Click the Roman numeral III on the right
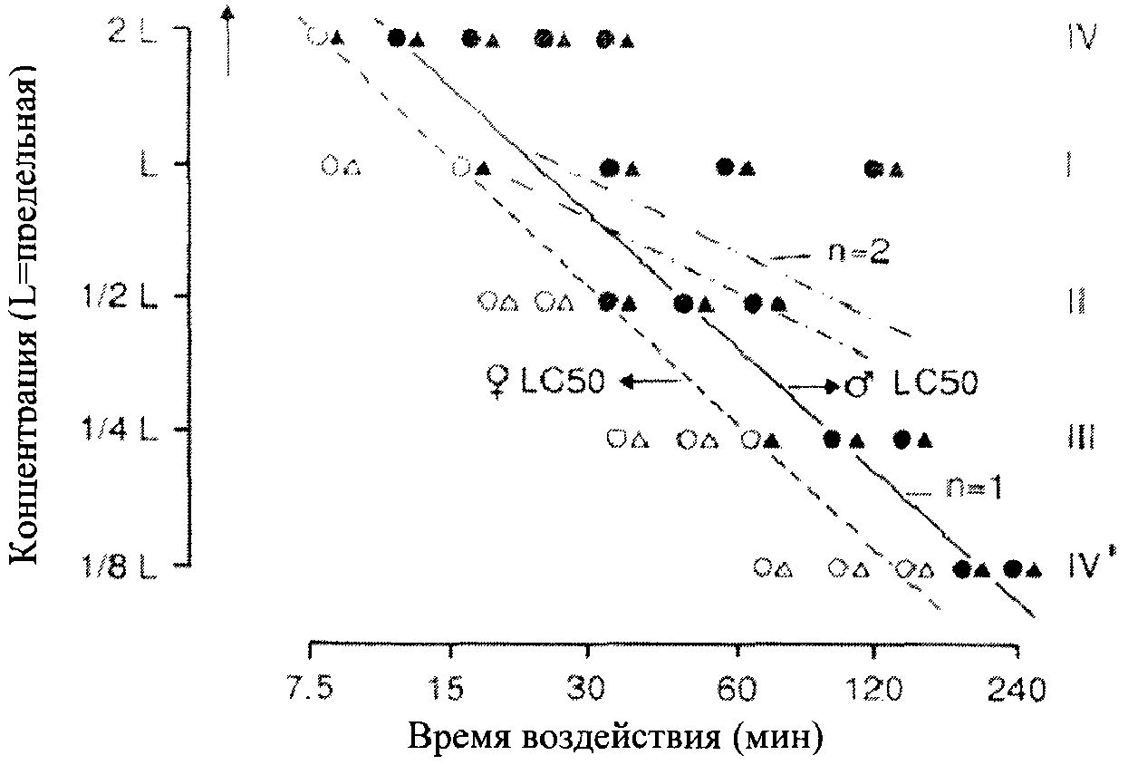(1082, 439)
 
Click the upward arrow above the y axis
(227, 41)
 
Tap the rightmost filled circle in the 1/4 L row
(901, 439)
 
